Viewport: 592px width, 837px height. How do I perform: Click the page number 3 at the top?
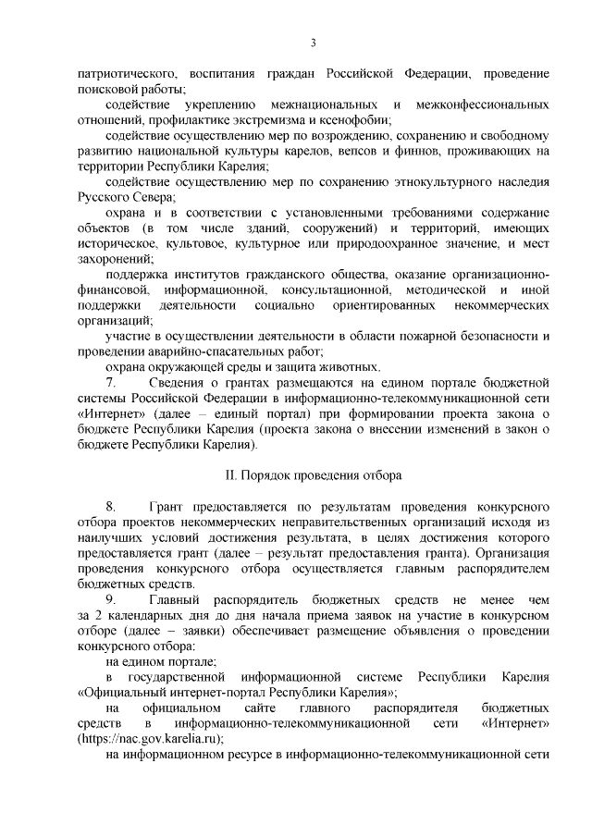tap(314, 43)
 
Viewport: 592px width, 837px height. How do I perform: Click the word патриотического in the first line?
tap(128, 72)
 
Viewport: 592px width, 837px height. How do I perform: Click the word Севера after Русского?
tap(152, 198)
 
